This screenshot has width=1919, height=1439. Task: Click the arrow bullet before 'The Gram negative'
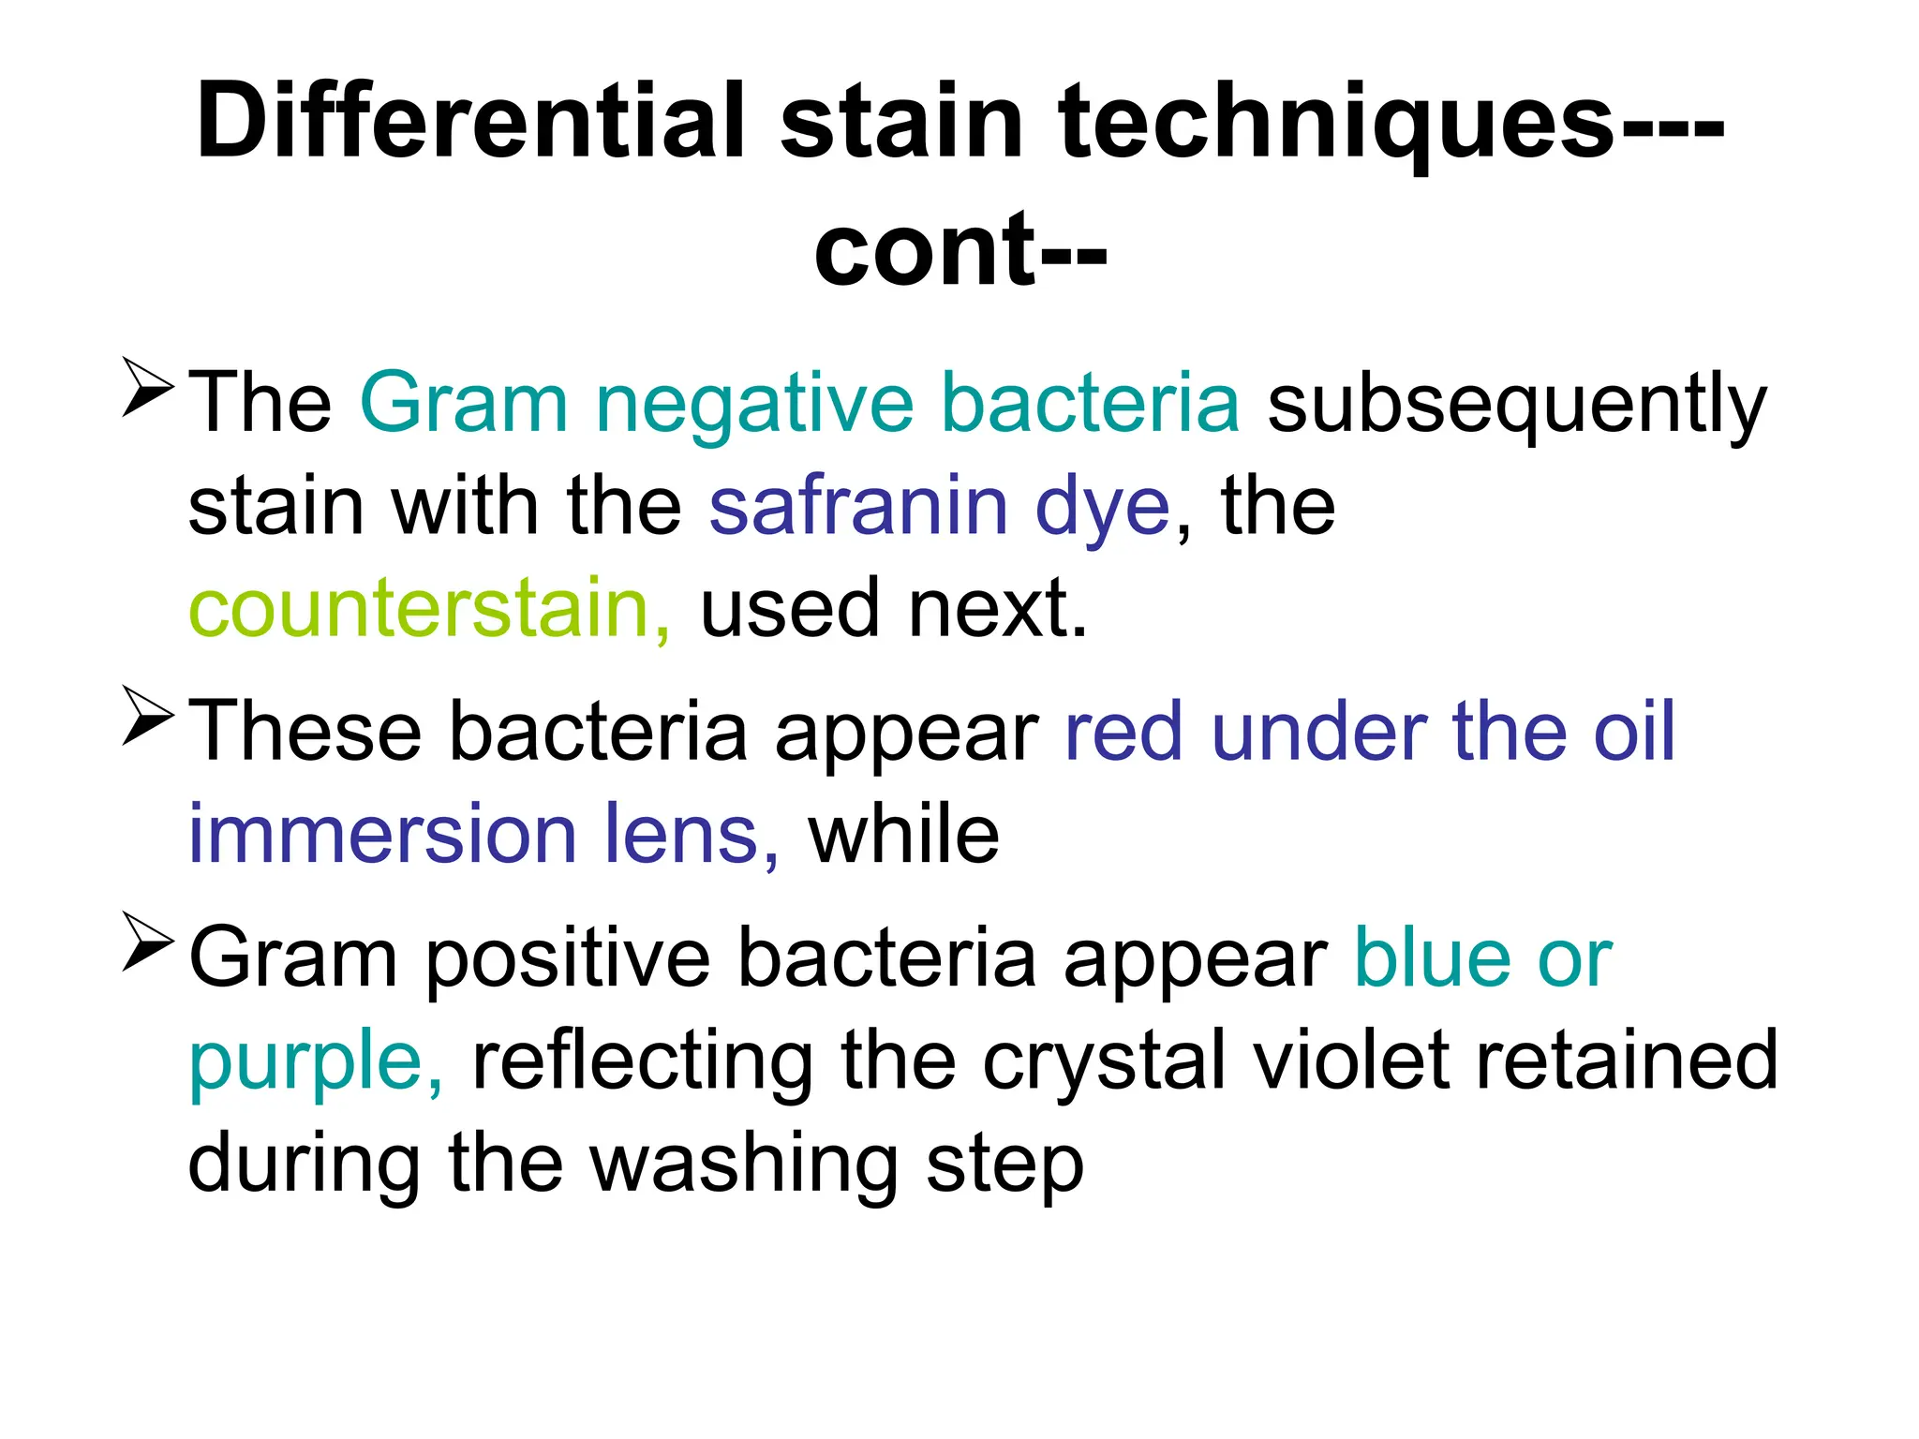click(147, 386)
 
